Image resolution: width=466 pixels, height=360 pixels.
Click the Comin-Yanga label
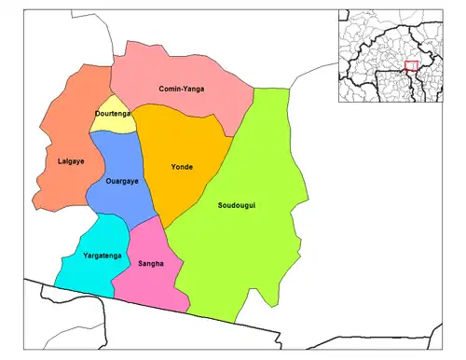[x=181, y=89]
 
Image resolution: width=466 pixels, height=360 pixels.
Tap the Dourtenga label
[x=113, y=114]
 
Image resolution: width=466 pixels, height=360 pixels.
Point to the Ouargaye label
[x=122, y=182]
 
